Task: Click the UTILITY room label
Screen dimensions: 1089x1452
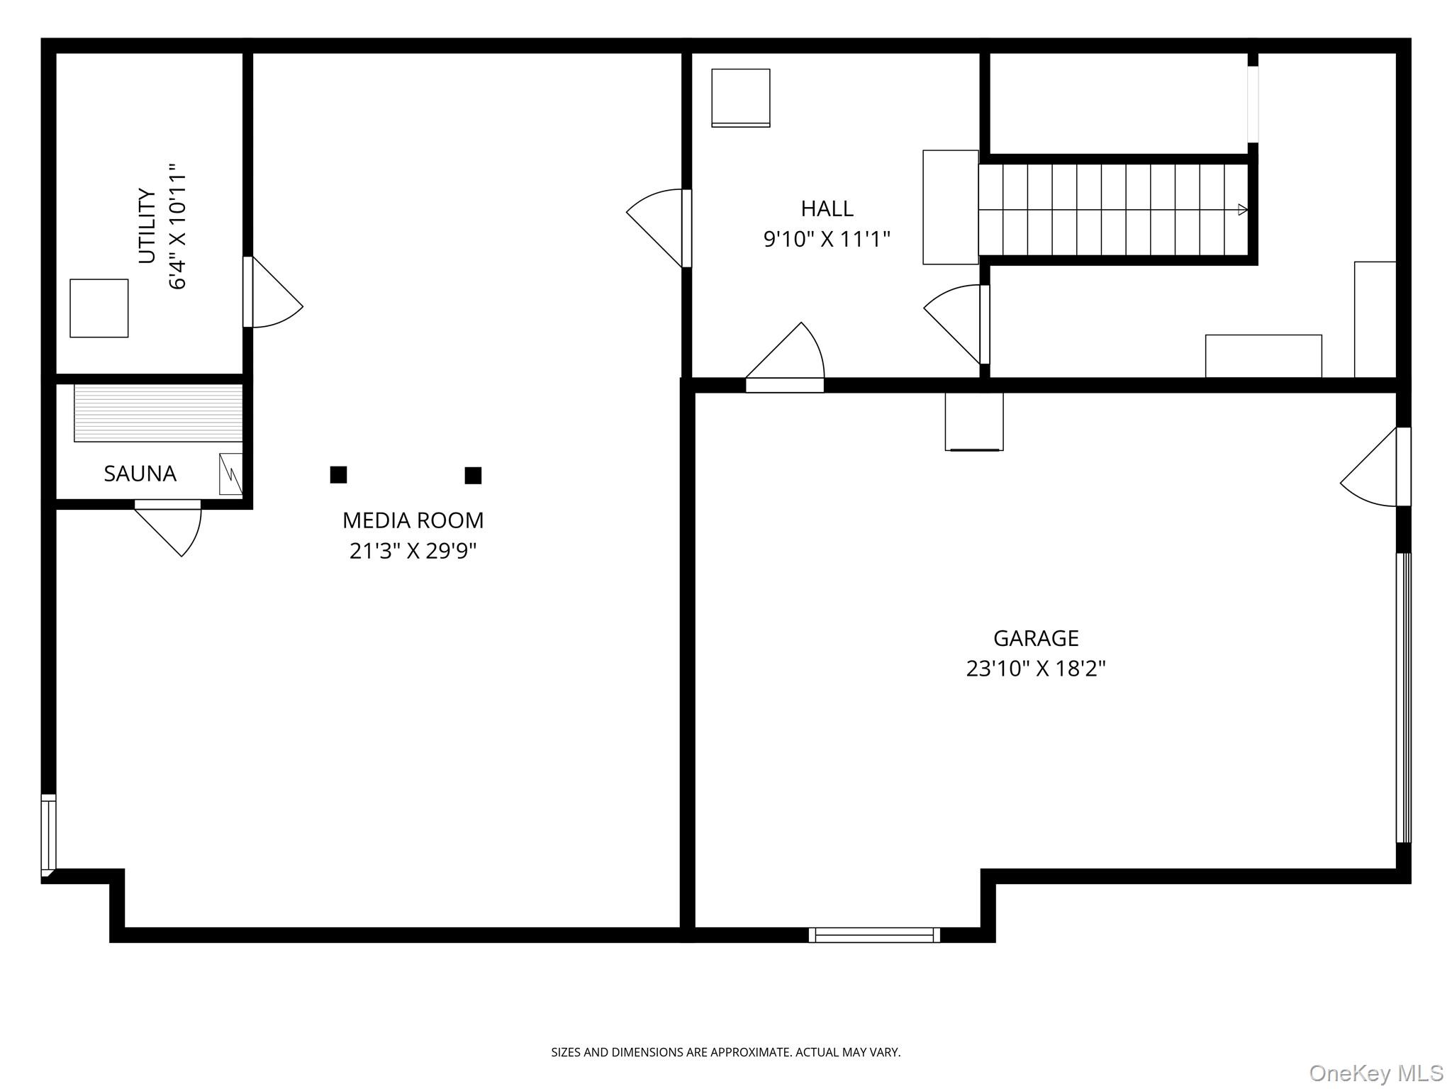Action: coord(147,225)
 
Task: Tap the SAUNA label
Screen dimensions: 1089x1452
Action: coord(140,474)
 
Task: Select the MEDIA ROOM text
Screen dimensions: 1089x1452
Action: coord(413,520)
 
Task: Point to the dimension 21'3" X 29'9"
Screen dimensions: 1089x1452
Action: coord(413,551)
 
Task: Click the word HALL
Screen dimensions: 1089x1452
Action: coord(827,208)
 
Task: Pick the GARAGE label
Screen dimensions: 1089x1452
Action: coord(1036,638)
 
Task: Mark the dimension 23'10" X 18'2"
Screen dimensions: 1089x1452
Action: coord(1036,669)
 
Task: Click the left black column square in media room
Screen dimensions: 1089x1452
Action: coord(338,474)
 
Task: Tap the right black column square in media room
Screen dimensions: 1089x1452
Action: coord(473,475)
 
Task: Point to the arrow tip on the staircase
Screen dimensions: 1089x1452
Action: coord(1243,209)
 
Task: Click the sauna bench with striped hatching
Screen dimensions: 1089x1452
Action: coord(158,413)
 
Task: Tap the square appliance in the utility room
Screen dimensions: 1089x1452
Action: coord(99,308)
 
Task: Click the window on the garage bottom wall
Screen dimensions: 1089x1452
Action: coord(874,934)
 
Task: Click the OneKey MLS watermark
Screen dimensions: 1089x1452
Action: coord(1375,1073)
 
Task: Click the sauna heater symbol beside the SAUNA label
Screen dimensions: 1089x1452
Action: coord(230,474)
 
